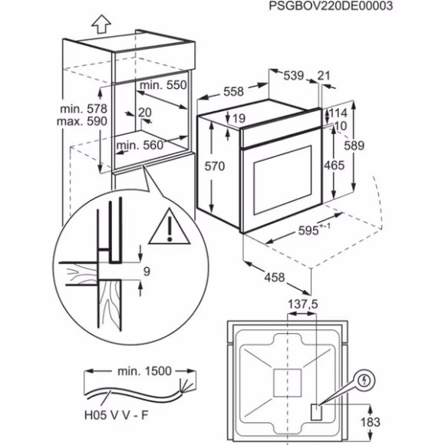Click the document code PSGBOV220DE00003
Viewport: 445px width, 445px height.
(x=331, y=6)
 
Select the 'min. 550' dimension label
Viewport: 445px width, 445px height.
(x=163, y=86)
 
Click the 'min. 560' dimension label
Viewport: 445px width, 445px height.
(x=140, y=143)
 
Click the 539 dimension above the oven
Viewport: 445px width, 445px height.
(x=293, y=75)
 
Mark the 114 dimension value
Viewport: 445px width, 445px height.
(x=338, y=113)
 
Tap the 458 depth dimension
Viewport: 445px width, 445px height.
(x=274, y=277)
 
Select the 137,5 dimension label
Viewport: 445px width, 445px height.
(x=303, y=305)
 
